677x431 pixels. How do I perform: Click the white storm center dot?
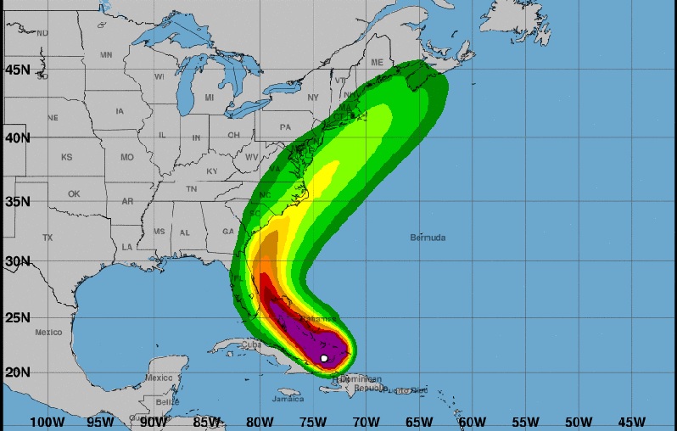point(324,358)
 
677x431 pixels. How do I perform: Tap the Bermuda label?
point(427,238)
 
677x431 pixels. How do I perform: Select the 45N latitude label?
point(18,70)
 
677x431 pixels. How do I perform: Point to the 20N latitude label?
point(18,371)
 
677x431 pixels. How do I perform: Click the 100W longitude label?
point(47,422)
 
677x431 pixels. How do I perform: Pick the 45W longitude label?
point(631,422)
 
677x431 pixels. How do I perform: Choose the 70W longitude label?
point(366,422)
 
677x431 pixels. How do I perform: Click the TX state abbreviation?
point(48,238)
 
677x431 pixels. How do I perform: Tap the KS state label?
point(66,157)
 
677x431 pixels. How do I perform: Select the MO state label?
point(127,158)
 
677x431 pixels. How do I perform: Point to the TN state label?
point(192,188)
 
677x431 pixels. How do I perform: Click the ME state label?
point(377,63)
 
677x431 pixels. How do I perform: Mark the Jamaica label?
point(288,398)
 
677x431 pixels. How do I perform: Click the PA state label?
point(285,127)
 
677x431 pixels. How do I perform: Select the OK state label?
point(74,193)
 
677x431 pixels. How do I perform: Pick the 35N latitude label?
point(18,202)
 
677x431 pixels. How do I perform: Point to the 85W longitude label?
point(207,422)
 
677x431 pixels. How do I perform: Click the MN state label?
point(106,54)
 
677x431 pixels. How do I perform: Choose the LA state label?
point(127,247)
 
